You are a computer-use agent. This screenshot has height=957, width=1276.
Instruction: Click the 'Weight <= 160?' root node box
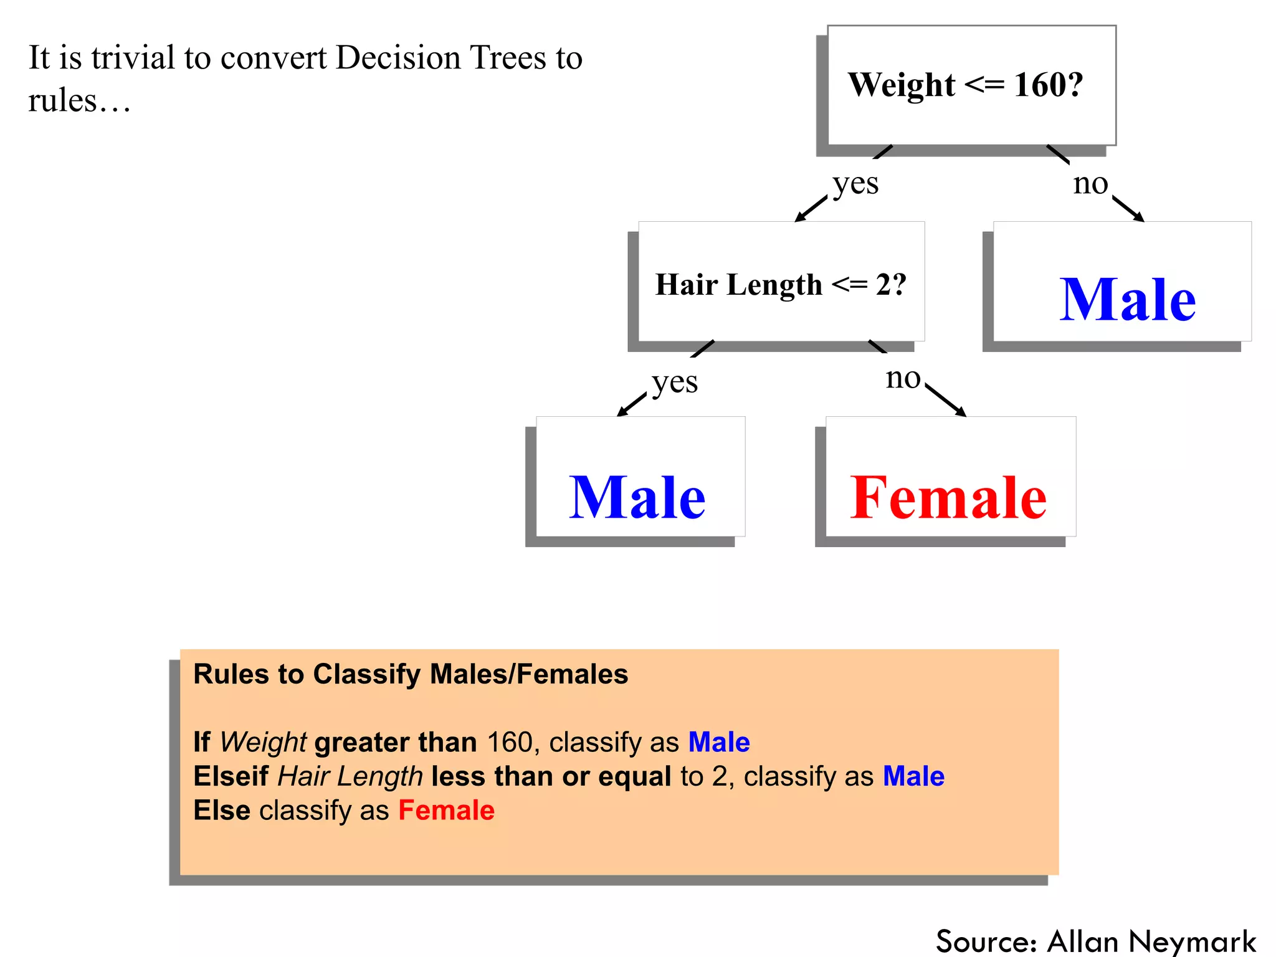tap(971, 85)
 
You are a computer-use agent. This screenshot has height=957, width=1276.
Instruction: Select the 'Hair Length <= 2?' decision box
tap(781, 283)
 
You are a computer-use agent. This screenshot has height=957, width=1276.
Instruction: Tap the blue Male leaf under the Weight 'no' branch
tap(1127, 300)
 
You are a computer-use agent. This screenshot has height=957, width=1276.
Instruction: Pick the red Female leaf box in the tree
tap(948, 497)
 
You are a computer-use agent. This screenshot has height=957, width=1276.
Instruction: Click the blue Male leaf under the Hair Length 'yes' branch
tap(637, 497)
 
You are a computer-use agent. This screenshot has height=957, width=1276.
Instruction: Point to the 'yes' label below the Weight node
tap(855, 183)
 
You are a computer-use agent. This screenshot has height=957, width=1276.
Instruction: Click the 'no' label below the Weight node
tap(1090, 183)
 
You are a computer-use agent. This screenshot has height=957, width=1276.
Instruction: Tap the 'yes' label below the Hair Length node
tap(675, 381)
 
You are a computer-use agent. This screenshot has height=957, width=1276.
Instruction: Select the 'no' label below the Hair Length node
tap(903, 378)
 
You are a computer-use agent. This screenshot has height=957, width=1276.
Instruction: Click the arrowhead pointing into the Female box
tap(961, 412)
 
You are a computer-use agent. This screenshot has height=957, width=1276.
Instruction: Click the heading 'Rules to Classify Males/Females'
tap(411, 674)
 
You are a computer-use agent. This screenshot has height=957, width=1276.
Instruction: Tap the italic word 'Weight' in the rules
tap(263, 742)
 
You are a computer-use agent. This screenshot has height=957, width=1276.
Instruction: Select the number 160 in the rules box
tap(510, 742)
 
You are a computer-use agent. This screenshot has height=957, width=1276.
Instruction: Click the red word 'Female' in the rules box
tap(446, 810)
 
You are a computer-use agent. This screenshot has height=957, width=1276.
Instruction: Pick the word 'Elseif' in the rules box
tap(231, 776)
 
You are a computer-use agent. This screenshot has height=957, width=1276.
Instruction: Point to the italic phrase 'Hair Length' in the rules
tap(350, 776)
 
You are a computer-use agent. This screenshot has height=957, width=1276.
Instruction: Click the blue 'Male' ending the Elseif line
tap(913, 776)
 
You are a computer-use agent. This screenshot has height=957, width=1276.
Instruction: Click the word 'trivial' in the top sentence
tap(133, 58)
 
